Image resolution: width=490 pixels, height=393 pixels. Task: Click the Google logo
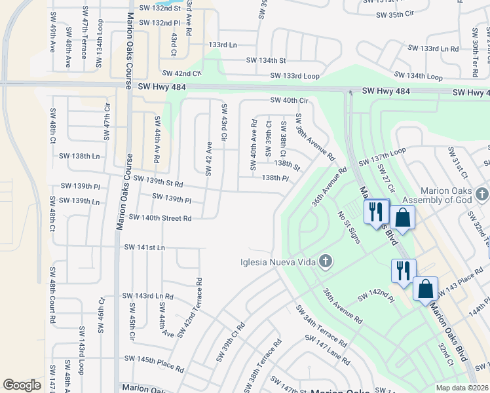click(22, 385)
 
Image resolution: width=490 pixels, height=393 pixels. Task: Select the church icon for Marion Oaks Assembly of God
click(482, 194)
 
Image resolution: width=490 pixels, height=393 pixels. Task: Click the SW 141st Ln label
click(144, 247)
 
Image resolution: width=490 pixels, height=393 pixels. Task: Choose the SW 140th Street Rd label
click(160, 217)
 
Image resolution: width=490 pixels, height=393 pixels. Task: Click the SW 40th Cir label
click(289, 100)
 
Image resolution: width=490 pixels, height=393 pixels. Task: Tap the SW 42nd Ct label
click(181, 73)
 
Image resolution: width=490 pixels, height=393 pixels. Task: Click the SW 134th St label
click(266, 60)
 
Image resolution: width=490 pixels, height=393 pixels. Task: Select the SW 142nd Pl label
click(375, 297)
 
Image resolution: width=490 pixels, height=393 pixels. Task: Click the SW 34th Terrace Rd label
click(320, 326)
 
